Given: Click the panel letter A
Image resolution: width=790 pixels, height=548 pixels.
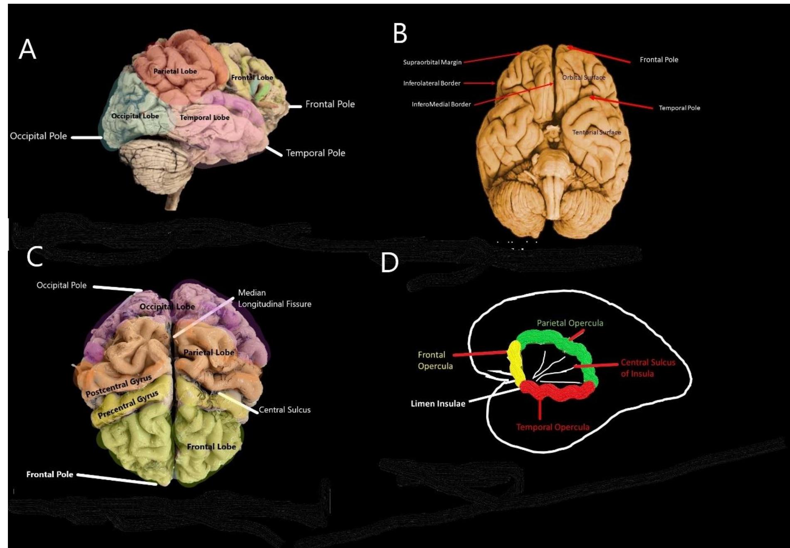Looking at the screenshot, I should tap(27, 50).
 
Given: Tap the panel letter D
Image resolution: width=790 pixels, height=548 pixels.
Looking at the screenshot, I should tap(390, 263).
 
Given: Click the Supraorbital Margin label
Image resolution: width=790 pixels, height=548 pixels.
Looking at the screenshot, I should tap(432, 62).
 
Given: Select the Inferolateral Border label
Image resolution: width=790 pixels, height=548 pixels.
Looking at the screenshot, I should tap(432, 83).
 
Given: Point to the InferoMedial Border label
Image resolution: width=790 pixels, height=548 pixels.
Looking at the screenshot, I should tap(441, 104).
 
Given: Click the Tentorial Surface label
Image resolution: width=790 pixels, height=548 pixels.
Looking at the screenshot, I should tap(596, 132).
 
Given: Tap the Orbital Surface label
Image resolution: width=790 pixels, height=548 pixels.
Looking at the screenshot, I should tap(583, 77).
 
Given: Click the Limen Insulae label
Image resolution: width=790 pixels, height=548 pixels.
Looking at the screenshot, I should tap(438, 404).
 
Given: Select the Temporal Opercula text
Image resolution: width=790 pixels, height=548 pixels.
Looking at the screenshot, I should tap(552, 427).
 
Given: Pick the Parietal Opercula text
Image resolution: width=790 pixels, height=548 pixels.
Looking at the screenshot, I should tap(570, 323).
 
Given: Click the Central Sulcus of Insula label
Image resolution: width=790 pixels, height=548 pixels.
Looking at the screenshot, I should tap(647, 368).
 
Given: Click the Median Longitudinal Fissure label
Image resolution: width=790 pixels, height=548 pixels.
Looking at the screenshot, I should tap(274, 298).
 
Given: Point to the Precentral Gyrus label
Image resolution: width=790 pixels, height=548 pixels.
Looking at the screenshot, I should tap(128, 404).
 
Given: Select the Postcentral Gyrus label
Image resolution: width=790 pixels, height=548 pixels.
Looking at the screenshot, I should tap(118, 386).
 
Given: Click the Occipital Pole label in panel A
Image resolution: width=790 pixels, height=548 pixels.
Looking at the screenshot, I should tap(38, 136).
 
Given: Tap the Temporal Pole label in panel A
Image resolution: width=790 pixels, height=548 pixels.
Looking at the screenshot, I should tap(315, 153).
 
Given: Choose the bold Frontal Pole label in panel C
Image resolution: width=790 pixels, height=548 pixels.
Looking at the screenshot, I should tap(49, 474).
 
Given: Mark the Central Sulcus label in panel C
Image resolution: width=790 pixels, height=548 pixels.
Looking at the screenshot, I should tap(284, 410).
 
